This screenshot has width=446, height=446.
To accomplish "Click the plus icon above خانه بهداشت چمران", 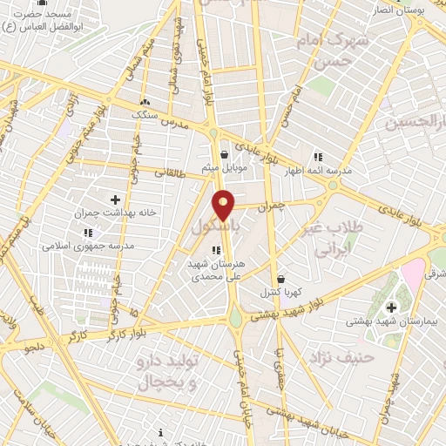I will (115, 199).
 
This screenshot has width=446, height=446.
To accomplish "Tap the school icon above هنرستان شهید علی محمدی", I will (217, 250).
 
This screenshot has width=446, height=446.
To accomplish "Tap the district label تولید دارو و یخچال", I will (169, 369).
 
